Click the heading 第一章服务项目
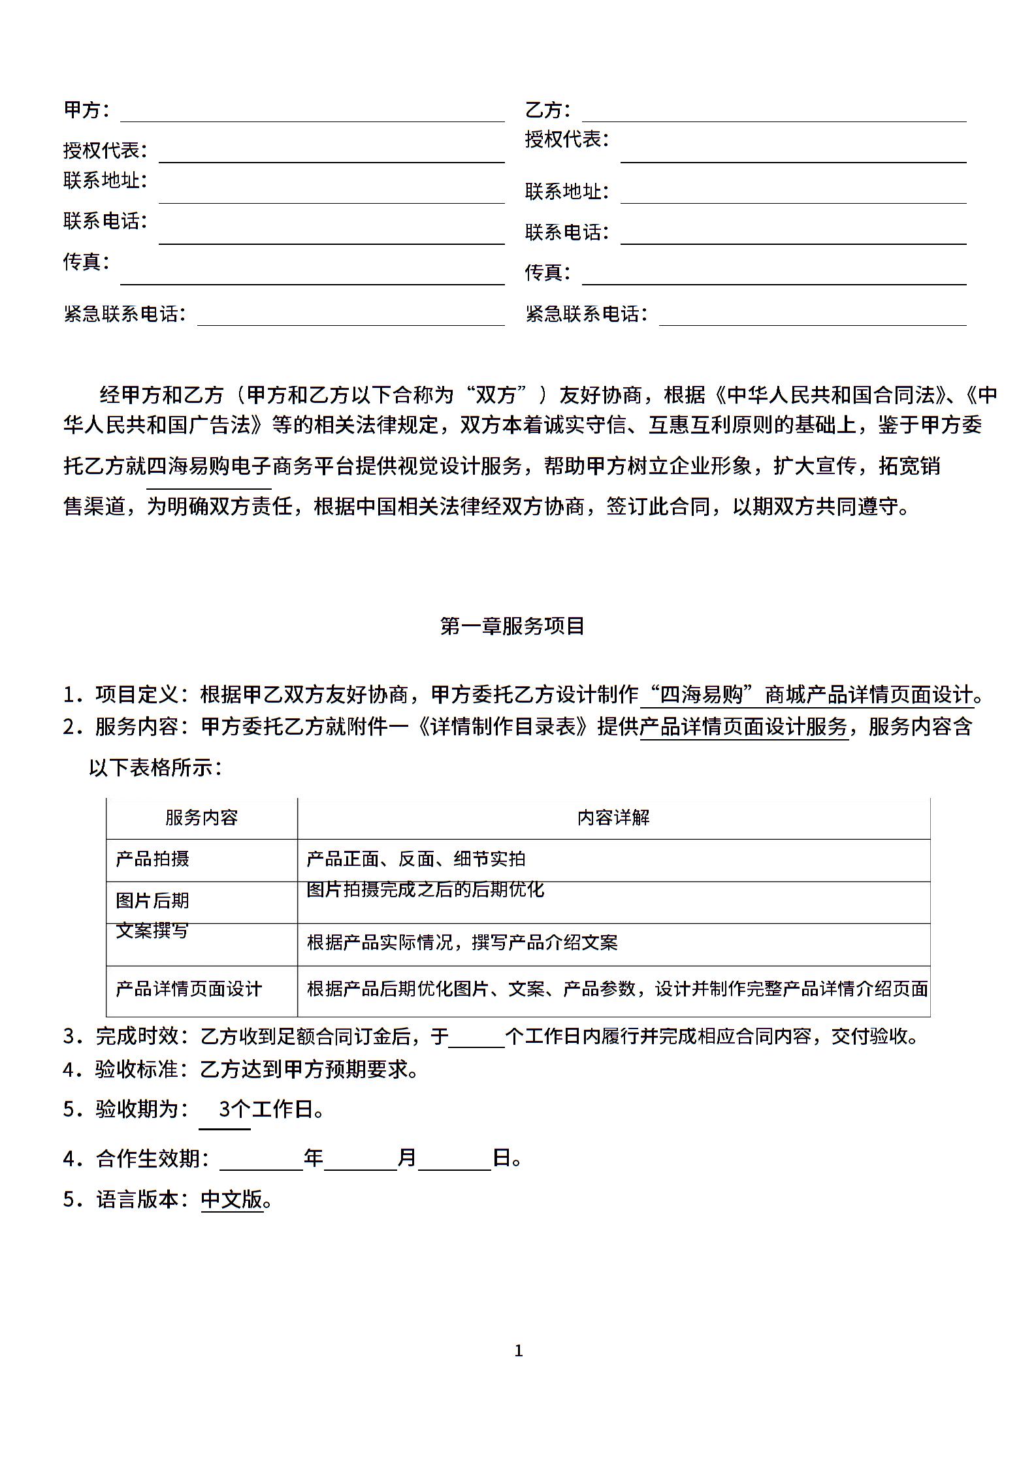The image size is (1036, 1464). coord(512,626)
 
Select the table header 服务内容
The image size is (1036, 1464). coord(201,818)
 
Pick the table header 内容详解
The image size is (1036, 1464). coord(613,818)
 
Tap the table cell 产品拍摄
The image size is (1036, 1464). coord(152,859)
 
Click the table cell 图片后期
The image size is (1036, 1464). coord(152,900)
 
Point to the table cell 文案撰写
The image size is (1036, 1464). coord(152,931)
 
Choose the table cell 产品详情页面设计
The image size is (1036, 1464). coord(189,989)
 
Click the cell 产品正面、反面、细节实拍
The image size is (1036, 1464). coord(416,859)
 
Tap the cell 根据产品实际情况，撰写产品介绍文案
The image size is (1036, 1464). coord(462,942)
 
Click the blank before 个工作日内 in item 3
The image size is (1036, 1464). coord(476,1038)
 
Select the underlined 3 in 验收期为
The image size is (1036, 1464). coord(225,1109)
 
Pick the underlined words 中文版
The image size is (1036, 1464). coord(232,1200)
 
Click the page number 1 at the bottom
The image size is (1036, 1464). coord(519,1351)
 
